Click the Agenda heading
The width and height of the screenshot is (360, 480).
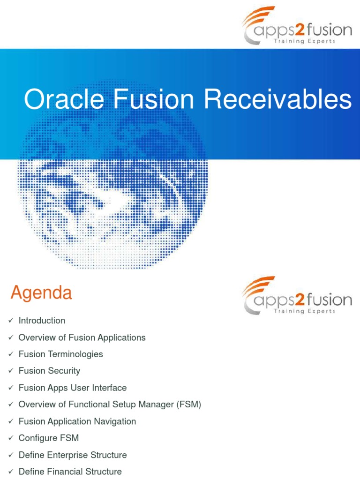[41, 293]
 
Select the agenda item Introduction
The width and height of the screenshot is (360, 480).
[42, 321]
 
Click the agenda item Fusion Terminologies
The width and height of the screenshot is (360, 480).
[60, 354]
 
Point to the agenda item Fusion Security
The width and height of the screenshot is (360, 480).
[49, 371]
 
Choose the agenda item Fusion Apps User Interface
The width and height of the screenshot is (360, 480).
[72, 388]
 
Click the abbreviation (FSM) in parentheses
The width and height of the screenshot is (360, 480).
[189, 405]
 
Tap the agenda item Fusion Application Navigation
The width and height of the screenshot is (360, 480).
[77, 421]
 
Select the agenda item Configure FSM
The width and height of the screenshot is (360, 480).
[48, 438]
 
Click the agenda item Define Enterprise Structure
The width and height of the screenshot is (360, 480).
[72, 455]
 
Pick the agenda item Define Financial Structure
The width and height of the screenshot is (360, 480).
[70, 472]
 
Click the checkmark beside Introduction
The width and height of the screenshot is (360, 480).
[11, 321]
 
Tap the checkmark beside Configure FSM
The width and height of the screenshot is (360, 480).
[11, 438]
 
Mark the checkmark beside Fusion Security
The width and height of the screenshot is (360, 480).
[11, 371]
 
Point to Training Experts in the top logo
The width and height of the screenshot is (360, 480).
[304, 41]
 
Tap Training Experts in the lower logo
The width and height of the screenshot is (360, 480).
[304, 311]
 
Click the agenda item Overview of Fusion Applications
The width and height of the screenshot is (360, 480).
[82, 337]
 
